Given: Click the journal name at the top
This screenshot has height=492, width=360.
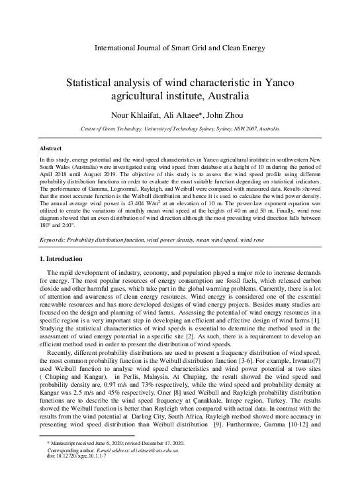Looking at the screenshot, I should [x=180, y=48].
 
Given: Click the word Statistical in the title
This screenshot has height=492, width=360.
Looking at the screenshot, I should [x=91, y=84].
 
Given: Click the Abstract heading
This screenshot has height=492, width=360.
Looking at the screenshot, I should [x=52, y=148].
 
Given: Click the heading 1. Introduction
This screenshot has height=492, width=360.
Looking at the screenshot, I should [x=62, y=258].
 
